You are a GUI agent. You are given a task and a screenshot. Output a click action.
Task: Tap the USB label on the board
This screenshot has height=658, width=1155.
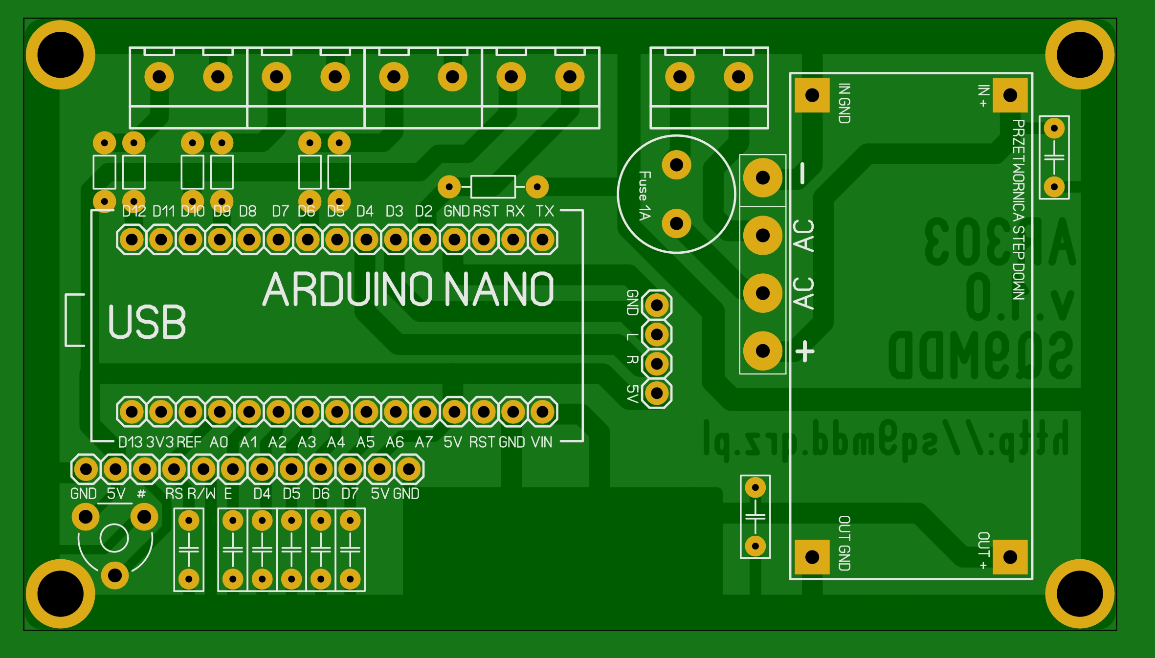tap(147, 322)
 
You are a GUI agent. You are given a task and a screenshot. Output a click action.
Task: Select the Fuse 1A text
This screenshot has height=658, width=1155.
tap(645, 196)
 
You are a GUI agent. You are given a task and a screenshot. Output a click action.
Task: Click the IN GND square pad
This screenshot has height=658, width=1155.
tap(812, 95)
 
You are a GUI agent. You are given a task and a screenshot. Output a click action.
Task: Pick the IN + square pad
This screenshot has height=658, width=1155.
tap(1010, 95)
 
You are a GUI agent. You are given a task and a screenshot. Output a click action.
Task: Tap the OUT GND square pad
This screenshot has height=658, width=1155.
tap(812, 556)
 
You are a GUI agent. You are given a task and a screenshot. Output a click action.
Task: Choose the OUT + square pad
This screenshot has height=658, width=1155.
tap(1010, 556)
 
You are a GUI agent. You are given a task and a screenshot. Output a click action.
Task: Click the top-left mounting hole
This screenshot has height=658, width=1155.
tap(61, 55)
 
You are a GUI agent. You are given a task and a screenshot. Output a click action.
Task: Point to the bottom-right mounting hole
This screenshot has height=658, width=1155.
tap(1080, 593)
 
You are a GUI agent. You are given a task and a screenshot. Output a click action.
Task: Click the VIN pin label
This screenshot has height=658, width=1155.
tap(541, 442)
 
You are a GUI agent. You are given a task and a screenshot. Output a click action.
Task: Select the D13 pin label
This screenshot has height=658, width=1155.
tap(131, 442)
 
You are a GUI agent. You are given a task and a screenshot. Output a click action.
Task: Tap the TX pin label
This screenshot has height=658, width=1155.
tap(545, 211)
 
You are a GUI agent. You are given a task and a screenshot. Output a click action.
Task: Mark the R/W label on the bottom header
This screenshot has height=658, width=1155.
tap(201, 494)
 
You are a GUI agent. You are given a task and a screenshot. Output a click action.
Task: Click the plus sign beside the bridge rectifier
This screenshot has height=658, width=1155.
tap(805, 351)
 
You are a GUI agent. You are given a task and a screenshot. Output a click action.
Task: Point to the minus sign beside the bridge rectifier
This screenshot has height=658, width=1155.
tap(802, 174)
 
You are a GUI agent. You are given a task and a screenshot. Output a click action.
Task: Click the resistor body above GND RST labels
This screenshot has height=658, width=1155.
tap(493, 187)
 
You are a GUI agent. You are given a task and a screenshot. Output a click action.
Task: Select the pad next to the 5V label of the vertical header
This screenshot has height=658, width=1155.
tap(657, 393)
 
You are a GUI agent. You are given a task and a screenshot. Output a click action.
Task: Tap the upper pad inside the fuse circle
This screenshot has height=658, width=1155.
tap(676, 165)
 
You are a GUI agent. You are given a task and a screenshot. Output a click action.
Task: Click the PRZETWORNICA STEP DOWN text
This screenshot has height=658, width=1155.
tap(1018, 210)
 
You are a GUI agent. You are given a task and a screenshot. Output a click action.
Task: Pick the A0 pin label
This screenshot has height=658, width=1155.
tap(219, 442)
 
